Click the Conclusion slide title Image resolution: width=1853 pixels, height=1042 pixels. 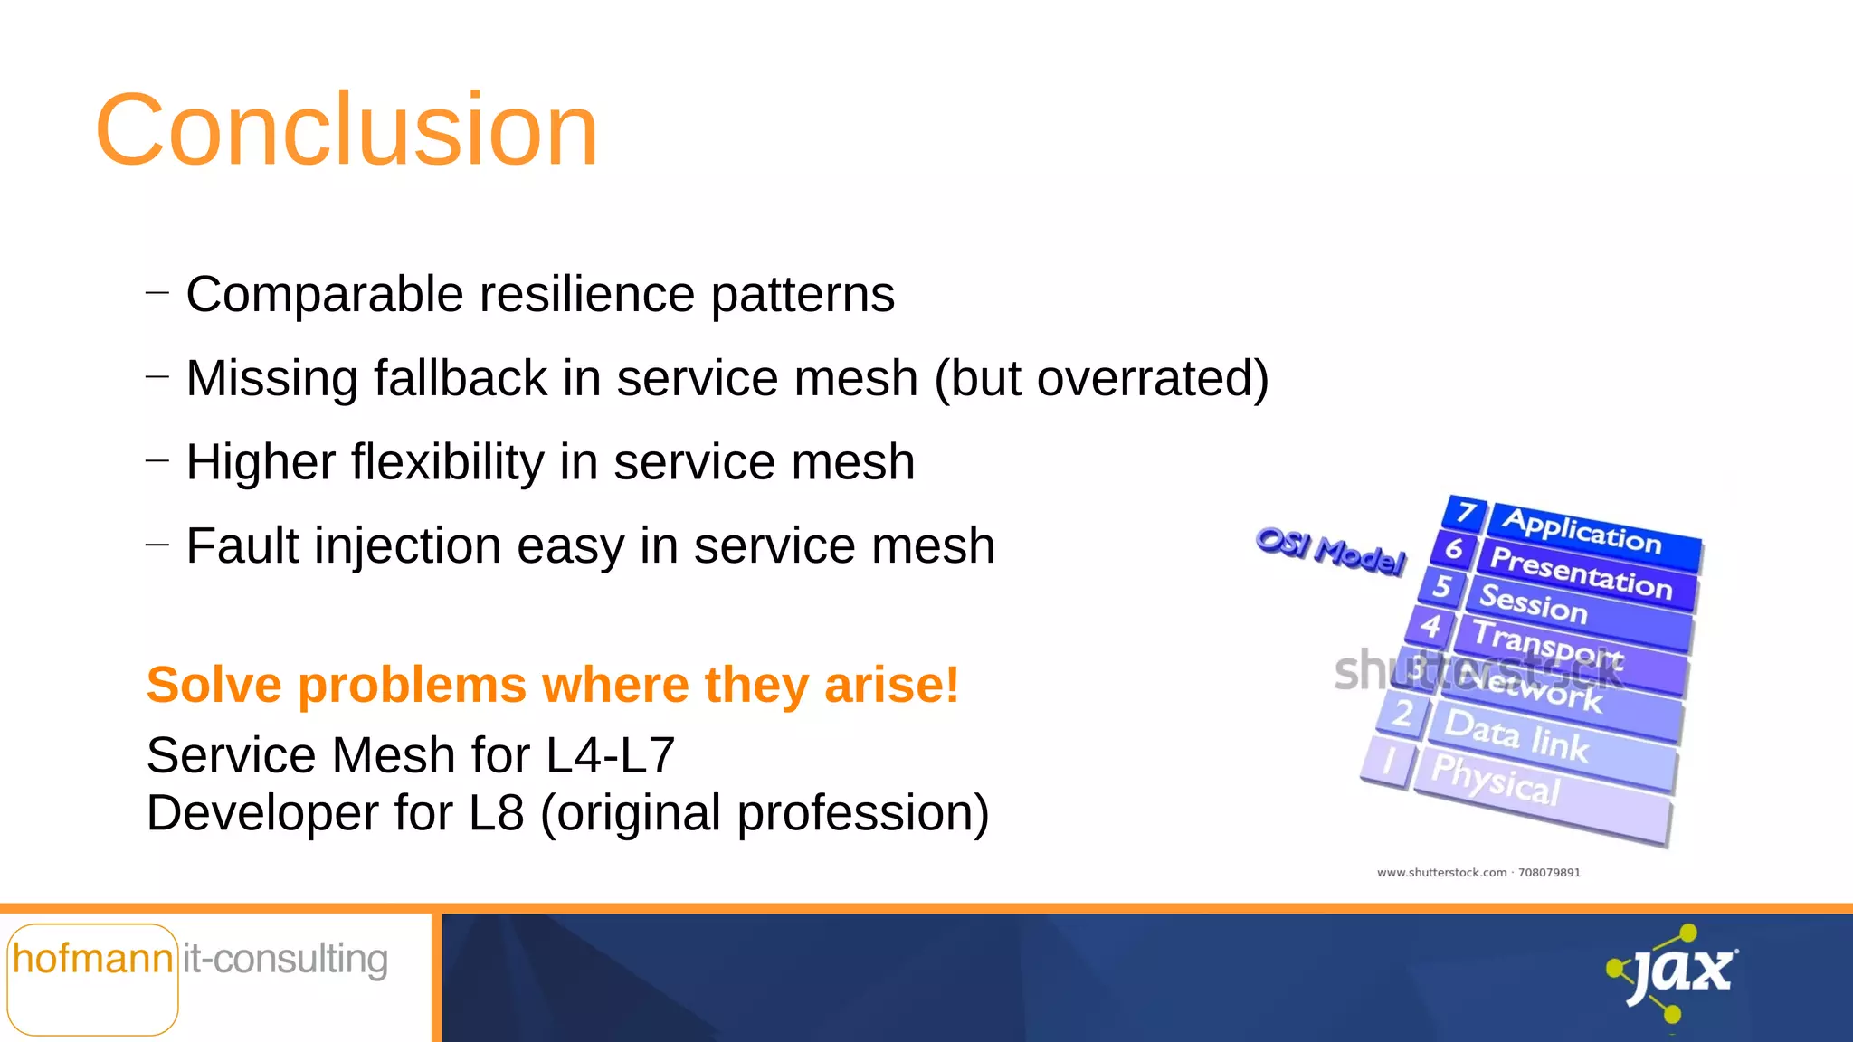pyautogui.click(x=347, y=130)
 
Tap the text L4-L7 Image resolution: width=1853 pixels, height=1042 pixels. pyautogui.click(x=611, y=755)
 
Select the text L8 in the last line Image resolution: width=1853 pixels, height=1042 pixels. pyautogui.click(x=496, y=813)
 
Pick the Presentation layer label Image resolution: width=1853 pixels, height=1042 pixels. pyautogui.click(x=1581, y=573)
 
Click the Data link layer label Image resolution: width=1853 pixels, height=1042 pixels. pyautogui.click(x=1516, y=735)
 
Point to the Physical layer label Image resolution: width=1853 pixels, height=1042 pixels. pyautogui.click(x=1496, y=779)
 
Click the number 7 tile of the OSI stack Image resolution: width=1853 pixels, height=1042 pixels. pyautogui.click(x=1465, y=513)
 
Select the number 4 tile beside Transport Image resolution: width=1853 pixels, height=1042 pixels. pyautogui.click(x=1430, y=625)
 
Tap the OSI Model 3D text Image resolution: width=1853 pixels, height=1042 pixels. pyautogui.click(x=1331, y=550)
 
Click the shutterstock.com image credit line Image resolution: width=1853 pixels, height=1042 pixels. pyautogui.click(x=1478, y=873)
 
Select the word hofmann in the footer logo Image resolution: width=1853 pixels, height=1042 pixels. pyautogui.click(x=92, y=959)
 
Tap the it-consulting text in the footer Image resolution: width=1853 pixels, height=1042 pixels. pyautogui.click(x=286, y=959)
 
